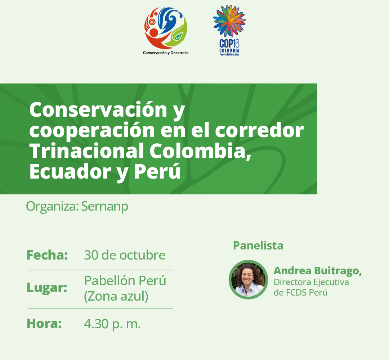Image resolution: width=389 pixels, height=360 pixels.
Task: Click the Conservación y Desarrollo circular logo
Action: pyautogui.click(x=166, y=28)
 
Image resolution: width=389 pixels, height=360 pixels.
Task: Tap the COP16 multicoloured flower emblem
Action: pyautogui.click(x=229, y=21)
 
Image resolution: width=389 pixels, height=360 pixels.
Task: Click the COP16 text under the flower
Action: pyautogui.click(x=229, y=44)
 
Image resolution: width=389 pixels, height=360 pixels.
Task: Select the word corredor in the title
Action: pyautogui.click(x=259, y=130)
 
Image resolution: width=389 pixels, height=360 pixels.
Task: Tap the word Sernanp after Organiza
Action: pyautogui.click(x=105, y=206)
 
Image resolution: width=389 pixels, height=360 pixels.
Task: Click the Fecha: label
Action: pyautogui.click(x=47, y=255)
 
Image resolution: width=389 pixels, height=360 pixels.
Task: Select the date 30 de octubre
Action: pyautogui.click(x=125, y=255)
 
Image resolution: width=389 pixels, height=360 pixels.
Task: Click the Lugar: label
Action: pyautogui.click(x=47, y=288)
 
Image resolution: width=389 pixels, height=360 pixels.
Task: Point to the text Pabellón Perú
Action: pyautogui.click(x=125, y=281)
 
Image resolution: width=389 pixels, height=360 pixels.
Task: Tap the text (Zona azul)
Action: pyautogui.click(x=116, y=296)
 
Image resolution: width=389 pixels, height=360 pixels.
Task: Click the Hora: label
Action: pyautogui.click(x=44, y=324)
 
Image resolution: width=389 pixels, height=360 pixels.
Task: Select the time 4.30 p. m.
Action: pyautogui.click(x=112, y=324)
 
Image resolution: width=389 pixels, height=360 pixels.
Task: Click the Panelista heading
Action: pyautogui.click(x=258, y=246)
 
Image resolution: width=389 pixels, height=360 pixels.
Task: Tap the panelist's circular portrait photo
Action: pyautogui.click(x=248, y=280)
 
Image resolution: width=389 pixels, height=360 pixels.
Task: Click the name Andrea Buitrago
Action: pyautogui.click(x=318, y=271)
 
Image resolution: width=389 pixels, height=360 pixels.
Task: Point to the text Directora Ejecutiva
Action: pyautogui.click(x=311, y=282)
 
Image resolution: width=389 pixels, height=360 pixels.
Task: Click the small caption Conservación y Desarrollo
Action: pyautogui.click(x=166, y=53)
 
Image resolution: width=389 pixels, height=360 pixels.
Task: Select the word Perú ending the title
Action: pyautogui.click(x=157, y=171)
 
